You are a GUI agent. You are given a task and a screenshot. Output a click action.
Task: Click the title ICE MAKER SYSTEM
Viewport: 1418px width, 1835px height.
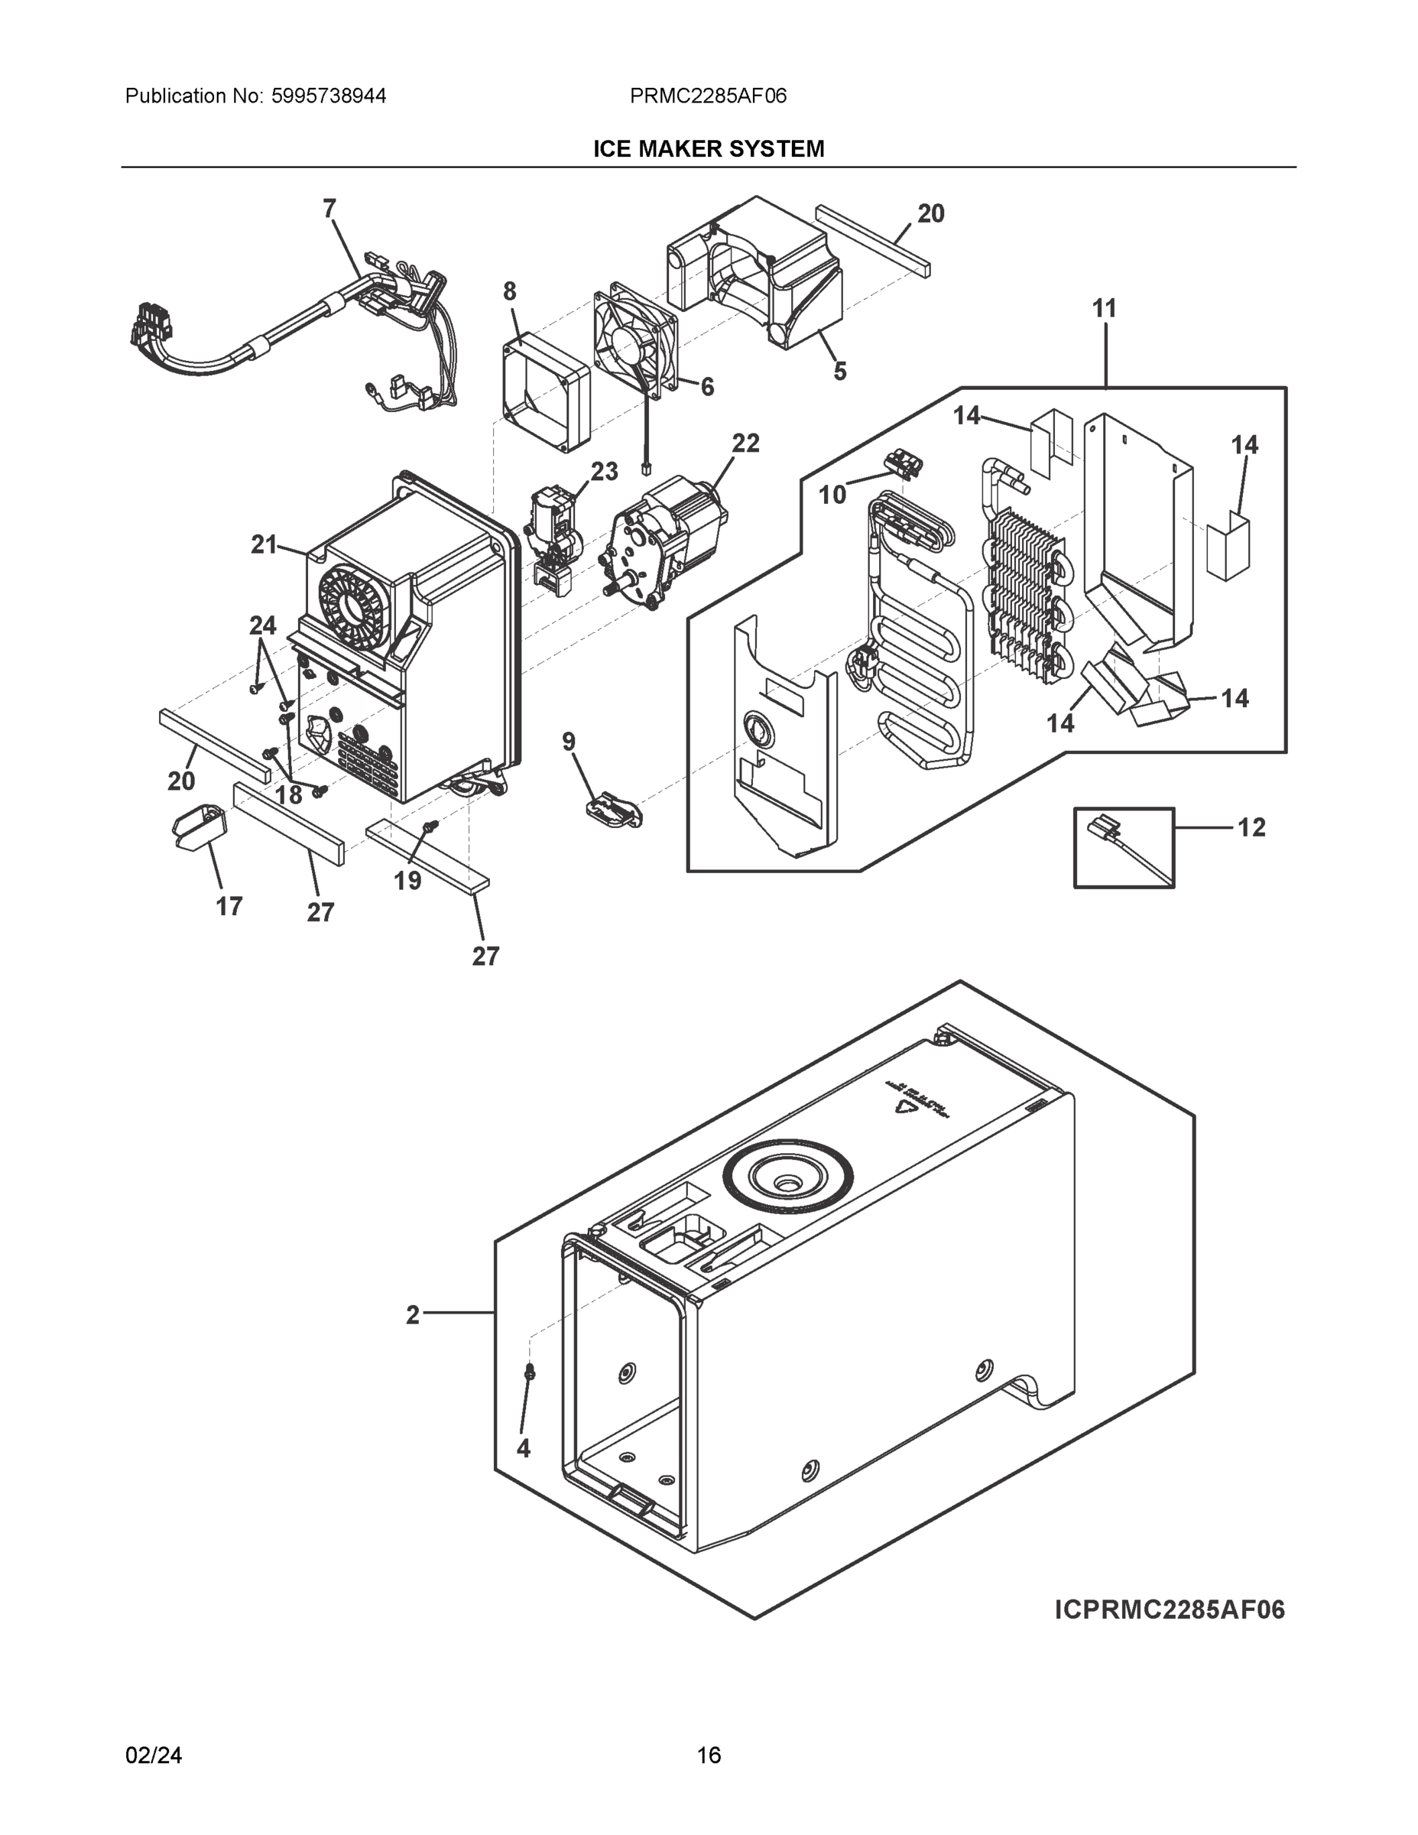click(708, 149)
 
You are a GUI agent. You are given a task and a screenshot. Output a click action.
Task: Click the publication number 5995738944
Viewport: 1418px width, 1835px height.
click(329, 96)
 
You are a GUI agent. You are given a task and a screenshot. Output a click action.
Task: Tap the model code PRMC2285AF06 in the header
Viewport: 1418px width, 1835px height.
click(707, 96)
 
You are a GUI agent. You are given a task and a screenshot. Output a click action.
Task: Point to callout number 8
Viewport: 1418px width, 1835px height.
click(510, 291)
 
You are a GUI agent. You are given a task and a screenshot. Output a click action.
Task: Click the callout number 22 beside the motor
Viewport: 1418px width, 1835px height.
click(745, 443)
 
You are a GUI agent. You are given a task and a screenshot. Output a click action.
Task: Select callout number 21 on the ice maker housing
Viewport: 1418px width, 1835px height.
click(264, 544)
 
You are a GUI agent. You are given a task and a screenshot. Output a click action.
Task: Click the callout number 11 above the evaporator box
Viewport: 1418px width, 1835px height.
click(1104, 308)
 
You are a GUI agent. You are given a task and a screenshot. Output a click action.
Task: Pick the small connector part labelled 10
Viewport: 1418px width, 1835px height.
click(901, 462)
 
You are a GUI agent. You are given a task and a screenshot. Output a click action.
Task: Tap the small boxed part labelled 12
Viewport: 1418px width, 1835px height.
click(1123, 847)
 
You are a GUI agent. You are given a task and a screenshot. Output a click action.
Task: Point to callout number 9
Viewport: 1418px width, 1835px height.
click(569, 741)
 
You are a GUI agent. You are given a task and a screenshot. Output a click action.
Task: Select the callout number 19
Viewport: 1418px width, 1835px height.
click(407, 881)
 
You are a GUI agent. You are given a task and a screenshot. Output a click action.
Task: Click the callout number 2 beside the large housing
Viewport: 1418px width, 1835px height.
click(413, 1315)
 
